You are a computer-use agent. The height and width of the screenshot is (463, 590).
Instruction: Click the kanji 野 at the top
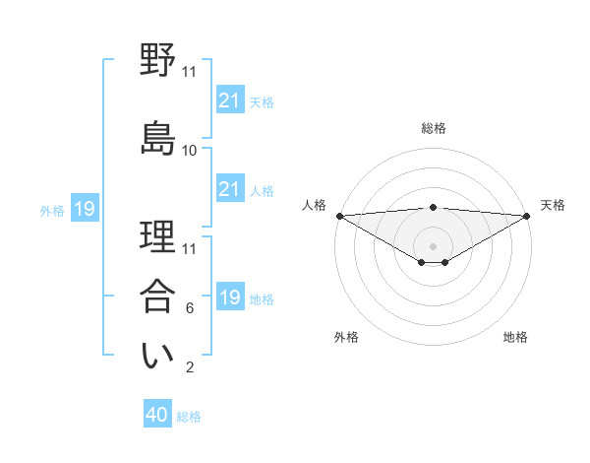(158, 61)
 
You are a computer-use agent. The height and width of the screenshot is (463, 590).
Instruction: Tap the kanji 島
(158, 136)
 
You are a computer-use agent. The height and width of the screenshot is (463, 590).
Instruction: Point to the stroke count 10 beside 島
(190, 150)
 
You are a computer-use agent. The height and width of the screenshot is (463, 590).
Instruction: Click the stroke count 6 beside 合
(190, 308)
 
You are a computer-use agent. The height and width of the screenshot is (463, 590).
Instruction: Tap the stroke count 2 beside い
(190, 367)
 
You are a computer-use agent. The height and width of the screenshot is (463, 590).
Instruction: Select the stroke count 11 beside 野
(190, 71)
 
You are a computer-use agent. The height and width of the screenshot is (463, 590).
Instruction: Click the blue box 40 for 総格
(157, 415)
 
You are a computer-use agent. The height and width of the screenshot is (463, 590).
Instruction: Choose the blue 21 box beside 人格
(229, 189)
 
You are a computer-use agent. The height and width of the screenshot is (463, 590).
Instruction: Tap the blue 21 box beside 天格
(229, 100)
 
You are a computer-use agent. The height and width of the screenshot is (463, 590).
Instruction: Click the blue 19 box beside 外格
(85, 209)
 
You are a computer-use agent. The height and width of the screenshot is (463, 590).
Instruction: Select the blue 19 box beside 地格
(229, 298)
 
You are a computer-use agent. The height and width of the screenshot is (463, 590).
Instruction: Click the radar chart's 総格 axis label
(433, 128)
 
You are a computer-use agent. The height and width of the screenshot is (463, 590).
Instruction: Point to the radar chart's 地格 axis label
(515, 337)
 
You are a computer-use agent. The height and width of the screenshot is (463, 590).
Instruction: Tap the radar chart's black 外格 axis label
(346, 337)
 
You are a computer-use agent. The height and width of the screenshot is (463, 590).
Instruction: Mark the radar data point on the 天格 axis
(527, 216)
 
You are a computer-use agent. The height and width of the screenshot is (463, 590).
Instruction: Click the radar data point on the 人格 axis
(339, 216)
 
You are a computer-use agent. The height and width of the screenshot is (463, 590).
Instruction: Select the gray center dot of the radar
(433, 244)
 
